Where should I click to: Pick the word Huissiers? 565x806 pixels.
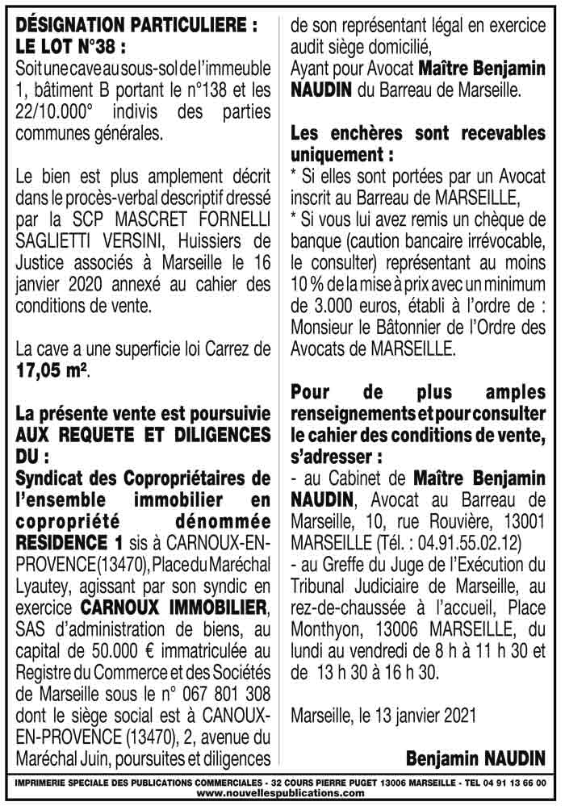(x=203, y=241)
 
